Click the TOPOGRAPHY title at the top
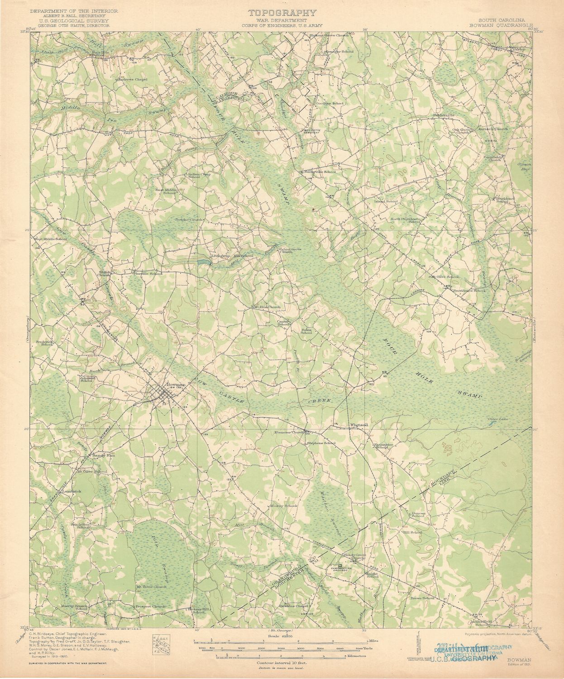[x=282, y=13]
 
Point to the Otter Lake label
[x=498, y=419]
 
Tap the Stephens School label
[x=321, y=443]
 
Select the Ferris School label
[x=306, y=331]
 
